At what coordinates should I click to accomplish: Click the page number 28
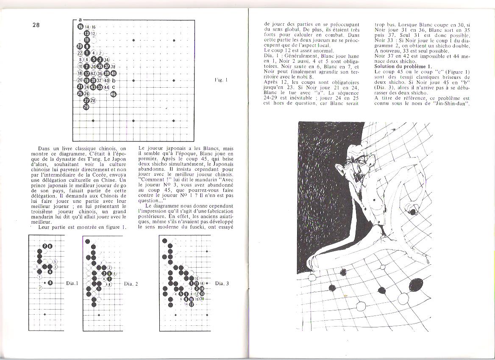[x=36, y=25]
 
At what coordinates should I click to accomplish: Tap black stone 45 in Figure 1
[x=114, y=94]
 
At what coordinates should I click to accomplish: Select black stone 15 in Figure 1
[x=80, y=26]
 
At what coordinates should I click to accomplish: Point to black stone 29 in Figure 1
[x=86, y=107]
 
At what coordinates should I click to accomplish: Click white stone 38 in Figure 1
[x=113, y=66]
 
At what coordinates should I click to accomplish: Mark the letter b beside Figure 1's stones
[x=114, y=80]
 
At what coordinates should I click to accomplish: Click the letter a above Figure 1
[x=81, y=19]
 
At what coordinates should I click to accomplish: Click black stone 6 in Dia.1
[x=50, y=282]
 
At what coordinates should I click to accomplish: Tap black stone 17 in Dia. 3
[x=191, y=304]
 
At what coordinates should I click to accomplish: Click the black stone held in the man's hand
[x=411, y=210]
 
